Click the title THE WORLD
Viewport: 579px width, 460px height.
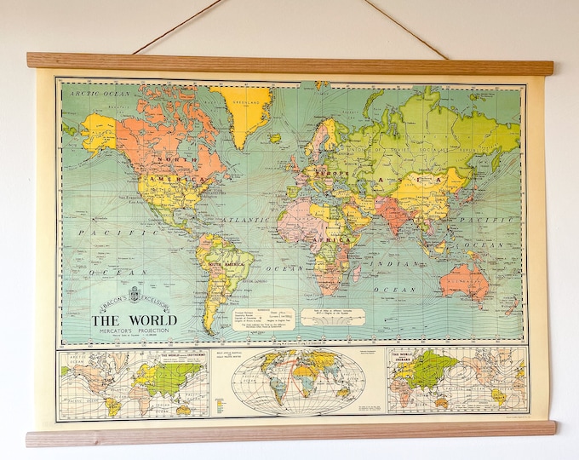[135, 320]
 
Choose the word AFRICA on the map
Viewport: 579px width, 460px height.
[334, 240]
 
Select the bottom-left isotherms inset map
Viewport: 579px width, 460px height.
[134, 383]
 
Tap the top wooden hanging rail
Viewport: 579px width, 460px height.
[289, 63]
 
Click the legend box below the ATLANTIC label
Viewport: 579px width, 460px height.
[264, 318]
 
